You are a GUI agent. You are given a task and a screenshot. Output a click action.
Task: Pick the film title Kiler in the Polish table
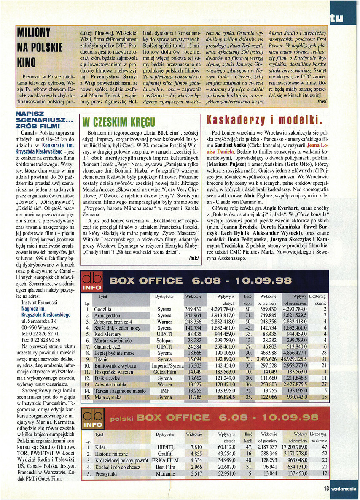click(x=100, y=447)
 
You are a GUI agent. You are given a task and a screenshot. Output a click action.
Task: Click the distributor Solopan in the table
click(x=164, y=341)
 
